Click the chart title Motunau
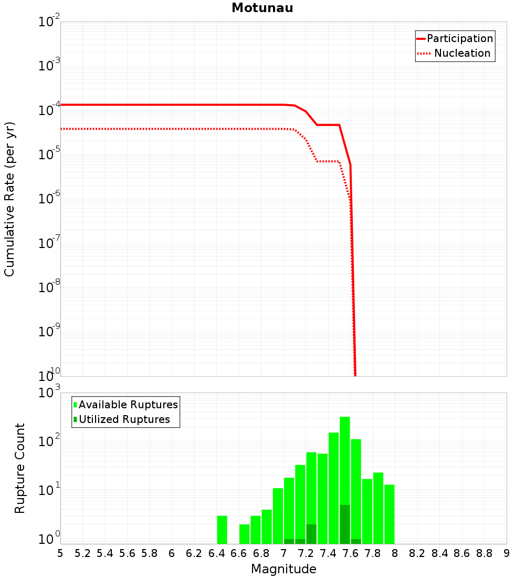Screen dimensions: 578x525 tap(262, 8)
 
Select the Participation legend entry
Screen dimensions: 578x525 tap(460, 39)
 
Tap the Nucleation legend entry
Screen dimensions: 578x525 tap(462, 54)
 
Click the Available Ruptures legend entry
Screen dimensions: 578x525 tap(128, 405)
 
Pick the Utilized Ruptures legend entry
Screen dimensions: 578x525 tap(124, 420)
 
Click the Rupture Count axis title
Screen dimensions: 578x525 tap(20, 468)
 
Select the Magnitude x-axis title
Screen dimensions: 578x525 tap(283, 569)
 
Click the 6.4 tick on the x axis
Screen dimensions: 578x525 tap(216, 553)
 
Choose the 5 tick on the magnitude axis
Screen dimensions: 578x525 tap(60, 553)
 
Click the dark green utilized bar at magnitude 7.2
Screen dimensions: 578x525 tap(311, 534)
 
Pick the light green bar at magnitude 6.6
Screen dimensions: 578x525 tap(244, 534)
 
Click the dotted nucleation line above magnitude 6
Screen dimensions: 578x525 tap(172, 129)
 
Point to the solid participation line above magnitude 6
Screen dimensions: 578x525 tap(172, 105)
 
